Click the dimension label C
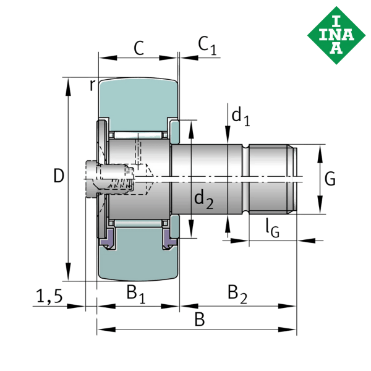pyautogui.click(x=139, y=48)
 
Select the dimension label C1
pyautogui.click(x=207, y=46)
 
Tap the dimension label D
pyautogui.click(x=58, y=176)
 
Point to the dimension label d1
pyautogui.click(x=240, y=116)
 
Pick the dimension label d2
pyautogui.click(x=203, y=199)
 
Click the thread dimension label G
pyautogui.click(x=330, y=179)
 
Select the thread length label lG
pyautogui.click(x=272, y=228)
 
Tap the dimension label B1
pyautogui.click(x=135, y=292)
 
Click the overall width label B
pyautogui.click(x=199, y=320)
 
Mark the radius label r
pyautogui.click(x=92, y=85)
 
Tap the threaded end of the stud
pyautogui.click(x=272, y=179)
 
